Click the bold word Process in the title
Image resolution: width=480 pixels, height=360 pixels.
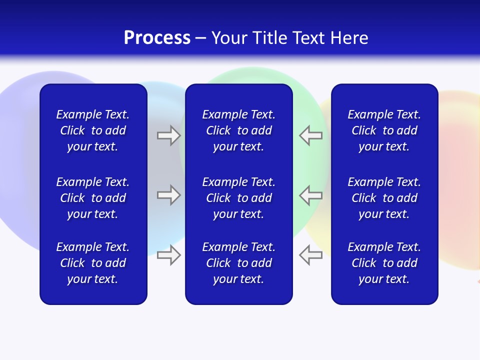(157, 38)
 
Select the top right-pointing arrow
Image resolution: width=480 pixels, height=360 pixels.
(169, 135)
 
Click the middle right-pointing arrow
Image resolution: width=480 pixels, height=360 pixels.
(169, 195)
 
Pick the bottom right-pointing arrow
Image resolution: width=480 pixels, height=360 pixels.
(169, 255)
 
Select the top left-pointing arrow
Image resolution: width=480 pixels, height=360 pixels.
(310, 135)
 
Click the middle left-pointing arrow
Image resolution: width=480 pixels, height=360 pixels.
(310, 195)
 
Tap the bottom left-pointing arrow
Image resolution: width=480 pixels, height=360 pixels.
(310, 255)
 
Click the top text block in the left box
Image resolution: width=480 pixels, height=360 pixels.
(93, 130)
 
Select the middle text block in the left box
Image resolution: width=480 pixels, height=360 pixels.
(93, 198)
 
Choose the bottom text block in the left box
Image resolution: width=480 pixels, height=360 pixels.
(93, 263)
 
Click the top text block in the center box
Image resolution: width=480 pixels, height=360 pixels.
(238, 130)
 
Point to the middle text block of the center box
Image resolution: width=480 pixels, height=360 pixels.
(238, 198)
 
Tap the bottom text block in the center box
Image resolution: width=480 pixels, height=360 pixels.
(238, 263)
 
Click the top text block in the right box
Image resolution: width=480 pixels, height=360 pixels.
(384, 130)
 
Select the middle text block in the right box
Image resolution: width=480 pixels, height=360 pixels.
(384, 198)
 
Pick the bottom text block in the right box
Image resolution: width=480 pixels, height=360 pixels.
(384, 263)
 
